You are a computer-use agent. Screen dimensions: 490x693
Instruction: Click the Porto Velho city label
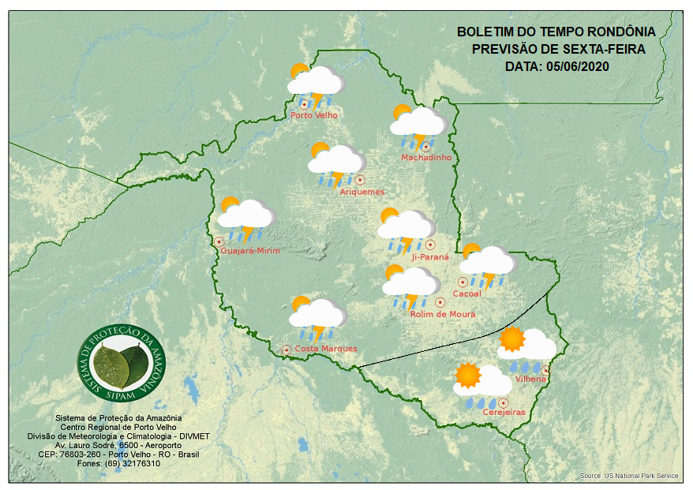(x=314, y=115)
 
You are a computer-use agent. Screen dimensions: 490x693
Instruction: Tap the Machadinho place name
(x=426, y=158)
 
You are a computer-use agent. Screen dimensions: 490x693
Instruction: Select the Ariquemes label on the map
(x=362, y=192)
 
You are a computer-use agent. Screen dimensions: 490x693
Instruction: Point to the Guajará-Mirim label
(x=251, y=251)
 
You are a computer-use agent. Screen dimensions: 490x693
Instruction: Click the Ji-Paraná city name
(x=430, y=257)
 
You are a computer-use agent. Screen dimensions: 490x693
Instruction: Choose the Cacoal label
(x=466, y=294)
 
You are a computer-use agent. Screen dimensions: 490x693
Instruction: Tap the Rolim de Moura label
(x=443, y=314)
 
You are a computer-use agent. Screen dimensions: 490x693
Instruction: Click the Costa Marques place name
(x=326, y=349)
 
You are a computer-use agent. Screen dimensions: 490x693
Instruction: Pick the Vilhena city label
(x=530, y=380)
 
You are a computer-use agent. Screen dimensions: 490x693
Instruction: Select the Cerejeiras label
(x=504, y=413)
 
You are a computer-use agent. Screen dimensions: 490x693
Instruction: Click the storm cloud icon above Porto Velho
(x=316, y=84)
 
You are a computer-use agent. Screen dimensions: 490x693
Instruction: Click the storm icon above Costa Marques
(x=317, y=318)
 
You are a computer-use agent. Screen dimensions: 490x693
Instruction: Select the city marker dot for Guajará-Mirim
(x=219, y=242)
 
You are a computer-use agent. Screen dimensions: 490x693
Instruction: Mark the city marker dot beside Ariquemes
(x=360, y=180)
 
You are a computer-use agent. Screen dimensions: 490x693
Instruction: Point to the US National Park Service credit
(x=628, y=476)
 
